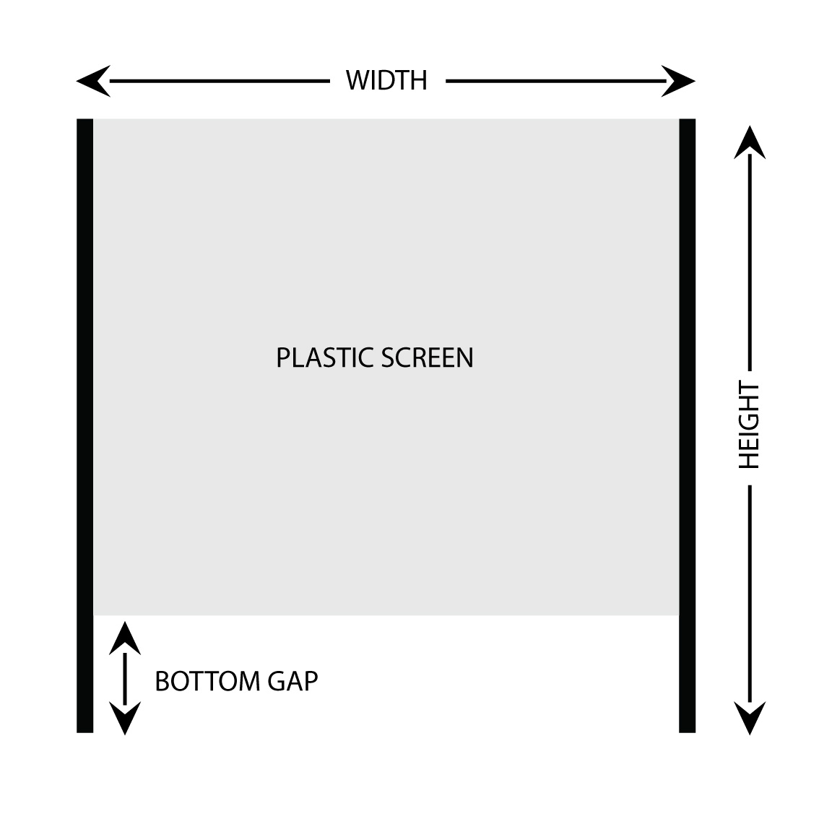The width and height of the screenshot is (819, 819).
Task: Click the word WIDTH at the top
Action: click(x=386, y=80)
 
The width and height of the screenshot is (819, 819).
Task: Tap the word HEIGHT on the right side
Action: click(x=750, y=425)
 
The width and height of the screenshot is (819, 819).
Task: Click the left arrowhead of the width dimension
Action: click(x=92, y=81)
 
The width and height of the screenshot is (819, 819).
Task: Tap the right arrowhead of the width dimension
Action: click(x=679, y=81)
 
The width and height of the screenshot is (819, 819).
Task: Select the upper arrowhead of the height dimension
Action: click(x=750, y=141)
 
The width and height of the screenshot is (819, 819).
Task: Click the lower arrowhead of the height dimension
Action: click(x=750, y=718)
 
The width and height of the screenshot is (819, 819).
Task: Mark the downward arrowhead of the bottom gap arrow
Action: click(x=125, y=719)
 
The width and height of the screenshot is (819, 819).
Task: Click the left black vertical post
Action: click(x=85, y=425)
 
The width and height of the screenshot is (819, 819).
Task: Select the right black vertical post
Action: click(x=687, y=425)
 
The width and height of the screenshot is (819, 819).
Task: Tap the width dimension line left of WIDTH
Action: click(x=217, y=81)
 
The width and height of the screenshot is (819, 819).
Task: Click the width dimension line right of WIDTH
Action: click(x=556, y=81)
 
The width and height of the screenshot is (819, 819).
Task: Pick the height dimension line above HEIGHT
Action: click(x=750, y=260)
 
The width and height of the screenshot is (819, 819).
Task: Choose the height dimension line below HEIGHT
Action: click(x=750, y=592)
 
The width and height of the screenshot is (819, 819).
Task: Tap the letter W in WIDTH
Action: click(x=357, y=80)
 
